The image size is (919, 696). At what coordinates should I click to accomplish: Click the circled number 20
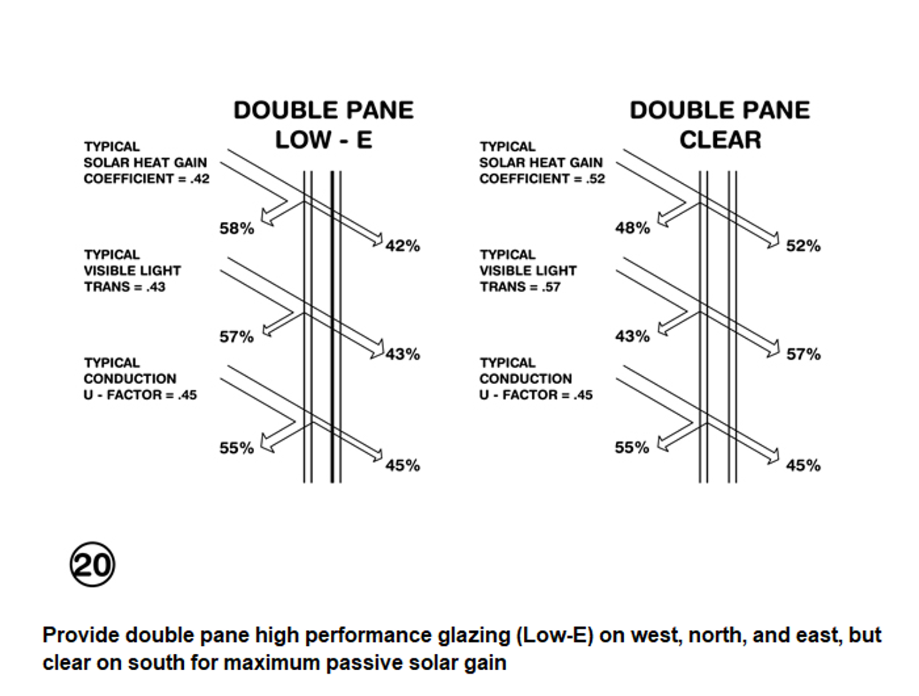coord(92,564)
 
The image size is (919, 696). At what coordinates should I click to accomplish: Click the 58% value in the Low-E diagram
coord(236,229)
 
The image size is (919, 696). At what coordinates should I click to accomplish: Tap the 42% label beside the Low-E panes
coord(403,246)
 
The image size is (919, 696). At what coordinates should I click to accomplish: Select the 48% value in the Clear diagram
coord(632,228)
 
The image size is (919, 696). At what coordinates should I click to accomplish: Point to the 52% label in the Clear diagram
coord(803,246)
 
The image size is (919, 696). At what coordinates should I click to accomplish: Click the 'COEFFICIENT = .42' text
coord(146,179)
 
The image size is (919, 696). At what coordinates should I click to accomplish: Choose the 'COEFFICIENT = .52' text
coord(542,179)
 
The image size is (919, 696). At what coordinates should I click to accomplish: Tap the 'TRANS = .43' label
coord(125,287)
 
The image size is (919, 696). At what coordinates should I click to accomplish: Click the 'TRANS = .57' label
coord(520,287)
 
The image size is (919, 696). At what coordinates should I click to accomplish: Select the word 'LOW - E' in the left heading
coord(323,140)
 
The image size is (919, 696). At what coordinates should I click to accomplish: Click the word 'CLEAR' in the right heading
coord(720,140)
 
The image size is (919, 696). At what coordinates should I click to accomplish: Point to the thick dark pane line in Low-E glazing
coord(332,327)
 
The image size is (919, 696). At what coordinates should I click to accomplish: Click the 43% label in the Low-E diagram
coord(403,355)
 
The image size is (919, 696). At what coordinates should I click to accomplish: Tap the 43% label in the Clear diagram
coord(632,336)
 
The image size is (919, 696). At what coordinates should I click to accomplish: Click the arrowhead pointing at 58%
coord(267,217)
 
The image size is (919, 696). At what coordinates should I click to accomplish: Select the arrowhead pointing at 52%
coord(774,240)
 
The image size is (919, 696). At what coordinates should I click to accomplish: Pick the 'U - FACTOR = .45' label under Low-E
coord(140,395)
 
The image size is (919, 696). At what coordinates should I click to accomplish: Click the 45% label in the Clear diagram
coord(803,466)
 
